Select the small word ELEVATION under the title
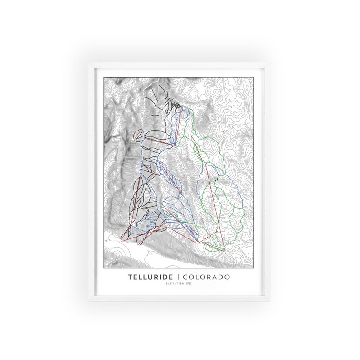tap(174, 284)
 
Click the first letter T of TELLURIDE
tap(130, 276)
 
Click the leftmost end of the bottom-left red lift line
tap(122, 239)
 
